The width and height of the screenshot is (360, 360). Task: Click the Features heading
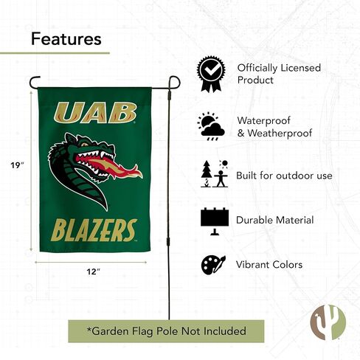[x=66, y=39]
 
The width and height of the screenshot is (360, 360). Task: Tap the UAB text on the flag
[x=95, y=113]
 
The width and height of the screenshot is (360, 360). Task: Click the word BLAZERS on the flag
[x=94, y=230]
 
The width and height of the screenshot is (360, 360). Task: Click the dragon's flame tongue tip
[x=141, y=173]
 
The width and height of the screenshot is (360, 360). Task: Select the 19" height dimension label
[x=17, y=165]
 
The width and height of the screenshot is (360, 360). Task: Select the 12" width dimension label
[x=94, y=271]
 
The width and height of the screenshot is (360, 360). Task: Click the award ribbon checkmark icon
[x=211, y=74]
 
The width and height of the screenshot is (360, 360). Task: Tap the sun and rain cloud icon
[x=211, y=126]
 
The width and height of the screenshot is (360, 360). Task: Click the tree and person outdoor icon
[x=215, y=173]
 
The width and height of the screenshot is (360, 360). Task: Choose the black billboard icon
[x=215, y=221]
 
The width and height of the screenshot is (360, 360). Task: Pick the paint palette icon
[x=213, y=265]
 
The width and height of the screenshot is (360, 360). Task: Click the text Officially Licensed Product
[x=279, y=74]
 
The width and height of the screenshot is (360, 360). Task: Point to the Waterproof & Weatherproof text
[x=274, y=127]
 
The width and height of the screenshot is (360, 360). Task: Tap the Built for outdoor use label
[x=284, y=176]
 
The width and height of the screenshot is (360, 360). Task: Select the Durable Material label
[x=275, y=220]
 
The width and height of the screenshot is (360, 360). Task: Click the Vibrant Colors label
[x=269, y=265]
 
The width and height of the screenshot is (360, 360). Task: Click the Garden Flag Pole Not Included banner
[x=166, y=331]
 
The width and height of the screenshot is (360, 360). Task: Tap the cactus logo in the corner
[x=328, y=322]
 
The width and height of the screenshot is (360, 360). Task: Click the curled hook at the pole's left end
[x=35, y=82]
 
